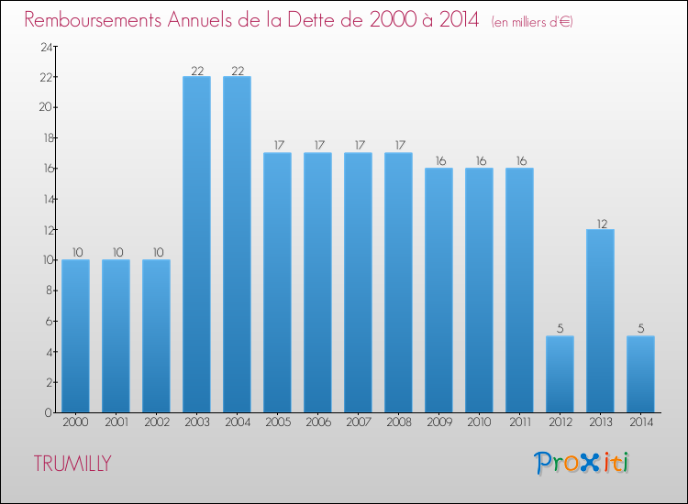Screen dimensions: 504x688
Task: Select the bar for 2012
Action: coord(560,374)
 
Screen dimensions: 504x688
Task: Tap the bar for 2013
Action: coord(600,321)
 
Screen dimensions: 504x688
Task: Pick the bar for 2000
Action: coord(75,335)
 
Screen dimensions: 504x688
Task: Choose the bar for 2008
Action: coord(398,282)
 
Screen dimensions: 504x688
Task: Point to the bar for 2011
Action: coord(519,290)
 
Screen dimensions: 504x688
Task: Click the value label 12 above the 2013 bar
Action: coord(600,223)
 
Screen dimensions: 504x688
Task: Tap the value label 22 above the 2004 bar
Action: coord(237,70)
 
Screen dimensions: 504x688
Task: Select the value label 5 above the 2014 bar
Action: coord(640,330)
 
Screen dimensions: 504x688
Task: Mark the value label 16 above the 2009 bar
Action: coord(438,161)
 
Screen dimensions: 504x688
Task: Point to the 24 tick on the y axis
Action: coord(43,46)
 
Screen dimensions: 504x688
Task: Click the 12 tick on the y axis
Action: coord(43,229)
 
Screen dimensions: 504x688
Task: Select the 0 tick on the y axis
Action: coord(47,412)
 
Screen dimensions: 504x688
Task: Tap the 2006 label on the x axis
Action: coord(317,423)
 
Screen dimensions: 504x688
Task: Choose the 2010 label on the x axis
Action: coord(479,423)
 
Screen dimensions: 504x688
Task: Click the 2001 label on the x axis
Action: coord(116,423)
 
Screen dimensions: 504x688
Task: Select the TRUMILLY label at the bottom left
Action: coord(72,464)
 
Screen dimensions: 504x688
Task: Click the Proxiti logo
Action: coord(583,463)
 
